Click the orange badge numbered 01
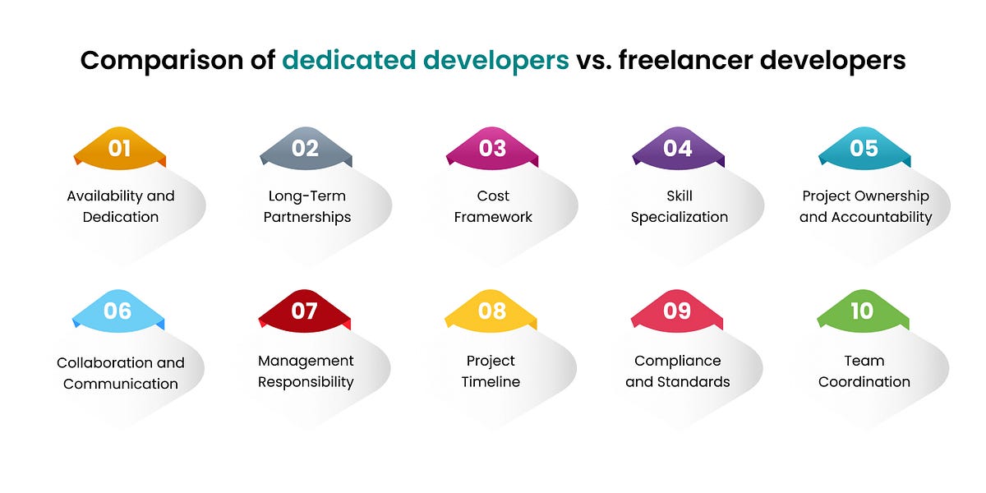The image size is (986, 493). (x=120, y=149)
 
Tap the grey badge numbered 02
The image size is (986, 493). (x=306, y=149)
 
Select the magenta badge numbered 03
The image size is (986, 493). (x=492, y=149)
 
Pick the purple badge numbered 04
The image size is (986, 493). (x=678, y=149)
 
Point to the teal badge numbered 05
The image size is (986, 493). (x=864, y=149)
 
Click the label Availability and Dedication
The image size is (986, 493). (x=121, y=206)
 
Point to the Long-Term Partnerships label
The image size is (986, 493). (x=307, y=206)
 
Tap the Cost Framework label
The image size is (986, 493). (x=493, y=206)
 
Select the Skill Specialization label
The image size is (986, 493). (x=680, y=206)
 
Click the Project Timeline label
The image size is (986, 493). (x=491, y=371)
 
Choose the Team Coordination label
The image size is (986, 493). (x=864, y=371)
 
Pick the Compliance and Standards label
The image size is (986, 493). (x=677, y=371)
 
